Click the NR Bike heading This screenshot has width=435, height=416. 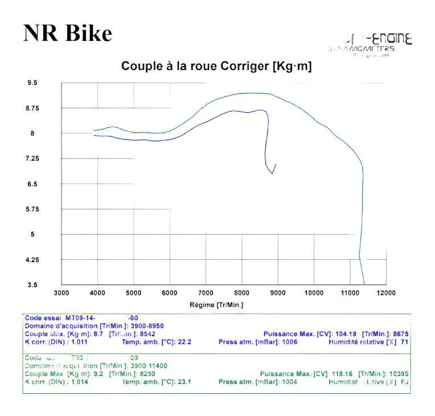point(68,33)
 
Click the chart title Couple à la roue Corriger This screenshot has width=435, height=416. point(216,67)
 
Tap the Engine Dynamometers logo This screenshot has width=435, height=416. point(370,44)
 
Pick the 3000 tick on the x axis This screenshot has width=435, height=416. point(61,293)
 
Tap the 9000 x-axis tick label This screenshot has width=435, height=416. point(278,293)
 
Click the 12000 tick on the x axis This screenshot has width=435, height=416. point(386,293)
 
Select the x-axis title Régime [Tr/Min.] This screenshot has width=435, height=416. point(216,305)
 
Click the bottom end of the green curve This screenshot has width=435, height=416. point(364,284)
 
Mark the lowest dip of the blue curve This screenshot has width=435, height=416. point(272,173)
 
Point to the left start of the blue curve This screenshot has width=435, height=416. point(94,135)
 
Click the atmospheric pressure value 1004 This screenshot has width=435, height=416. point(290,382)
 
